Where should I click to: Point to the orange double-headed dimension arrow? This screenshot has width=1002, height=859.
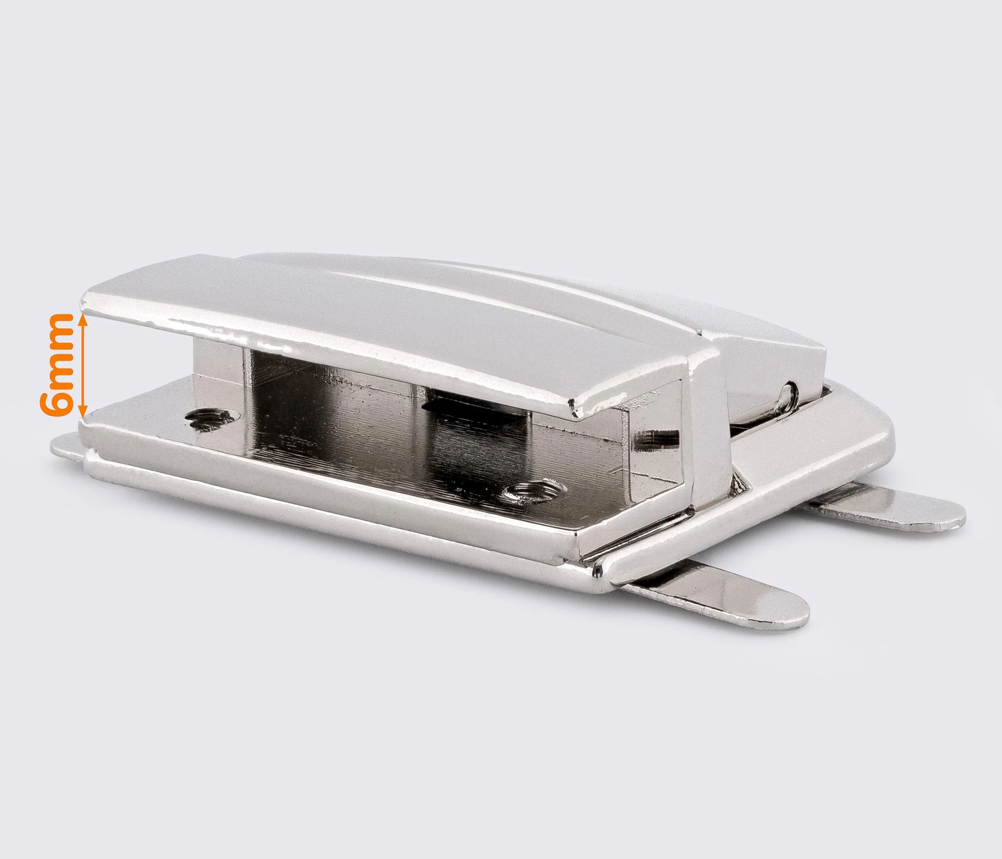coord(83,359)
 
